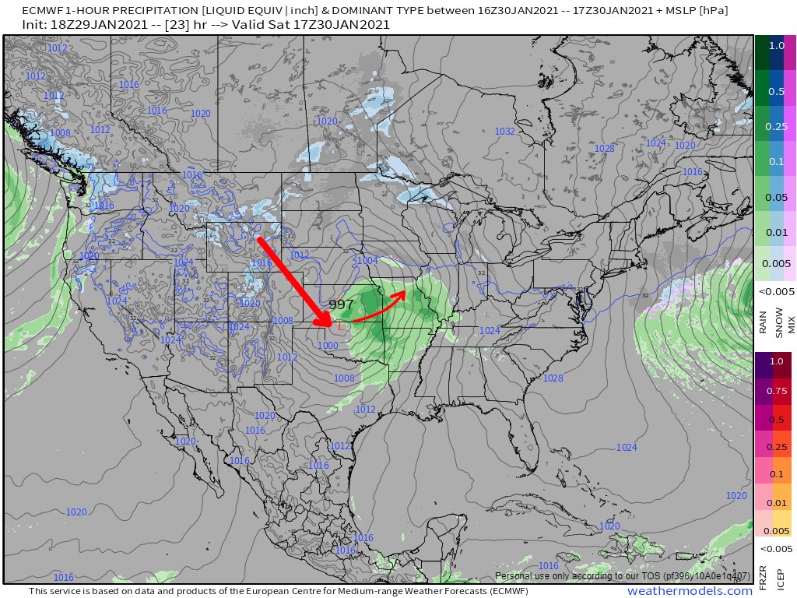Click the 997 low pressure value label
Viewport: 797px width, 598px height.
pyautogui.click(x=342, y=304)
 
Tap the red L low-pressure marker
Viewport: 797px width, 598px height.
pyautogui.click(x=341, y=327)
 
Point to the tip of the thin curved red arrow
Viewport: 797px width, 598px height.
pyautogui.click(x=405, y=293)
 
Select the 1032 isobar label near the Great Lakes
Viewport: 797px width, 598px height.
pyautogui.click(x=504, y=132)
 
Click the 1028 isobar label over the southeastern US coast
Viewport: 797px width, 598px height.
pyautogui.click(x=553, y=378)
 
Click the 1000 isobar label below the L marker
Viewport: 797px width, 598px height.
pyautogui.click(x=328, y=345)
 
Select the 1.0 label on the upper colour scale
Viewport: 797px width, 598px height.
pyautogui.click(x=776, y=45)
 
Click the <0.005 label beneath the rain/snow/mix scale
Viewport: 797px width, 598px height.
pyautogui.click(x=776, y=291)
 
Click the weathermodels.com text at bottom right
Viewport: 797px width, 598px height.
pyautogui.click(x=690, y=592)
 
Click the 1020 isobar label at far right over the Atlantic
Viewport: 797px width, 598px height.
pyautogui.click(x=736, y=495)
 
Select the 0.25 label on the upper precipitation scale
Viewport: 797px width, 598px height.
pyautogui.click(x=776, y=126)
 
